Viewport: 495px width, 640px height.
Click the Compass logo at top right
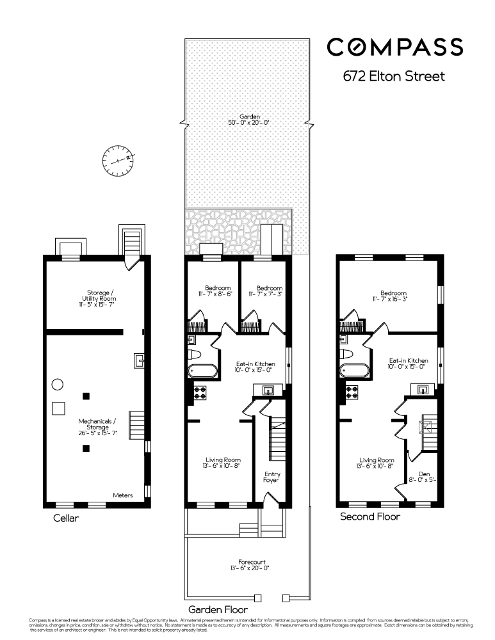click(395, 47)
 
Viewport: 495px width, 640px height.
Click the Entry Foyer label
click(272, 477)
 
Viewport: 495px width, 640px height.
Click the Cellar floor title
click(66, 518)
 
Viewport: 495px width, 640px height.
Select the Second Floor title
click(370, 516)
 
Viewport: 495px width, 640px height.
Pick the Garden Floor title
click(218, 610)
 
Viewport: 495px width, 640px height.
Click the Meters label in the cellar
click(123, 495)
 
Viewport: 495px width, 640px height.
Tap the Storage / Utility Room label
click(98, 300)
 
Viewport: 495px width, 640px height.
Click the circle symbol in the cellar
click(57, 385)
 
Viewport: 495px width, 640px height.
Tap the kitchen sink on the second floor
click(423, 389)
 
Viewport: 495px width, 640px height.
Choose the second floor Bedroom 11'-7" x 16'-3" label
click(391, 296)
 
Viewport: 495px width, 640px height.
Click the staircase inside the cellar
click(136, 425)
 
